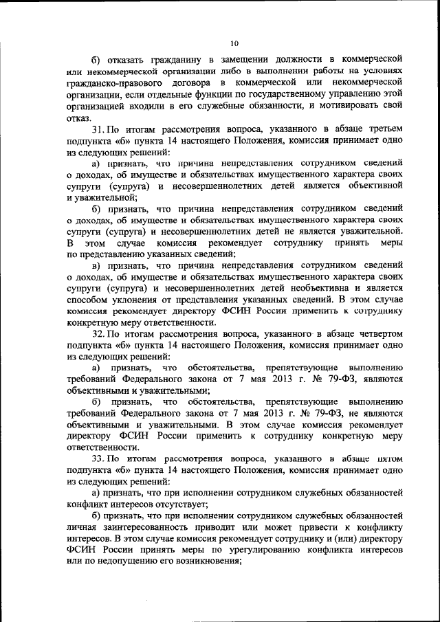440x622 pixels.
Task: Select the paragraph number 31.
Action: coord(98,129)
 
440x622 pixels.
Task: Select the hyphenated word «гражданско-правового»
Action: coord(115,83)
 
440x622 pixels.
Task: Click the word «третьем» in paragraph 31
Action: coord(379,129)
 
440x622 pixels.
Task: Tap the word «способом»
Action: coord(89,301)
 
